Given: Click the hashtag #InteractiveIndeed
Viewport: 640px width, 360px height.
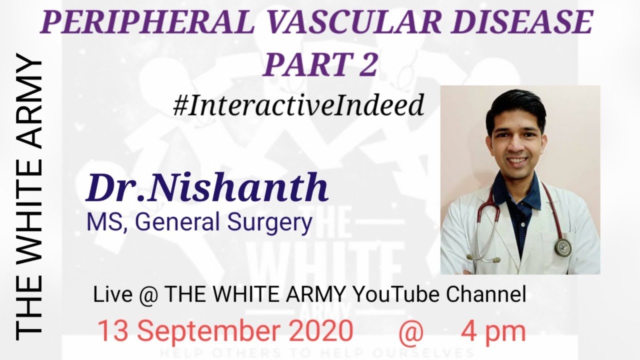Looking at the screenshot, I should pos(298,105).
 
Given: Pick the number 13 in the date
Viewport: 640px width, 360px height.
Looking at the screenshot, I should pos(113,331).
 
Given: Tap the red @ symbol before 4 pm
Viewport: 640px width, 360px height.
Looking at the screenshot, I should pos(411,331).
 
